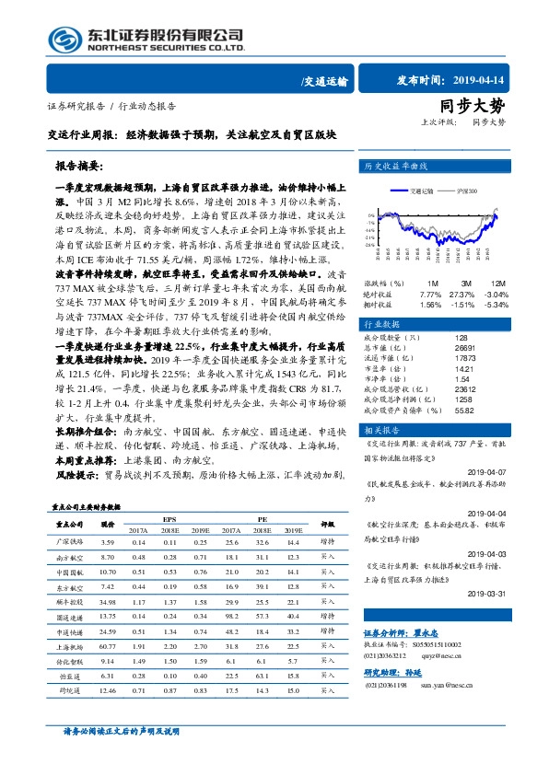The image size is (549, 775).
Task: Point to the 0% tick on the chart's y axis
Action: (x=368, y=215)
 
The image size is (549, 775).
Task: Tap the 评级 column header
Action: (x=327, y=525)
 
